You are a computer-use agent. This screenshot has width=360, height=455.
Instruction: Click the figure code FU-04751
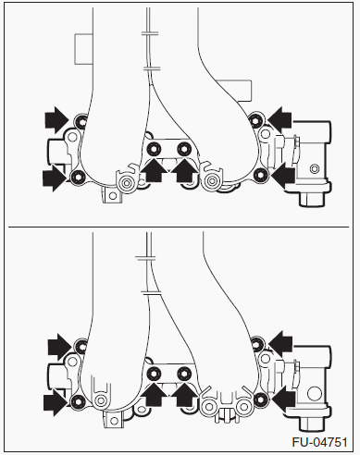[x=319, y=442]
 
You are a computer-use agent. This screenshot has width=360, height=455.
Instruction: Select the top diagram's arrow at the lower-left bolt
[x=56, y=178]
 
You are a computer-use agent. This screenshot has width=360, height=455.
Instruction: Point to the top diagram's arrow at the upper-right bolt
[x=279, y=119]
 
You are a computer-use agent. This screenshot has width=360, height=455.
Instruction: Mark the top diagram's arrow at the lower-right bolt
[x=283, y=176]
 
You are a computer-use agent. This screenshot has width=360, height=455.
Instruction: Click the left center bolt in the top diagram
[x=154, y=150]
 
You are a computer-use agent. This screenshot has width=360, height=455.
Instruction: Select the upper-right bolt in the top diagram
[x=255, y=119]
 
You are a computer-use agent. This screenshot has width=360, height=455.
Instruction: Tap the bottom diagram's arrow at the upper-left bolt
[x=59, y=347]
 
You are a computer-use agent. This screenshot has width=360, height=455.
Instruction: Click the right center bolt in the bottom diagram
[x=184, y=374]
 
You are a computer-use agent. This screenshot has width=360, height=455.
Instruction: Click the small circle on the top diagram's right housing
[x=315, y=169]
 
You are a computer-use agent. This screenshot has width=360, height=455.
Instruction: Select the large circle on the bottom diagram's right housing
[x=315, y=394]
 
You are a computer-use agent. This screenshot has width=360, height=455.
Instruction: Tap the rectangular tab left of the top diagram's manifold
[x=83, y=49]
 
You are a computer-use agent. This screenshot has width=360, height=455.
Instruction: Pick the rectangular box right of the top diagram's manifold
[x=239, y=90]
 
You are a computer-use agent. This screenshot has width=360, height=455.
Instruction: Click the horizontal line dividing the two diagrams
[x=179, y=227]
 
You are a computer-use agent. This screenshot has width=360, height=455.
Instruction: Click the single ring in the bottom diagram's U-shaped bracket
[x=101, y=401]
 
